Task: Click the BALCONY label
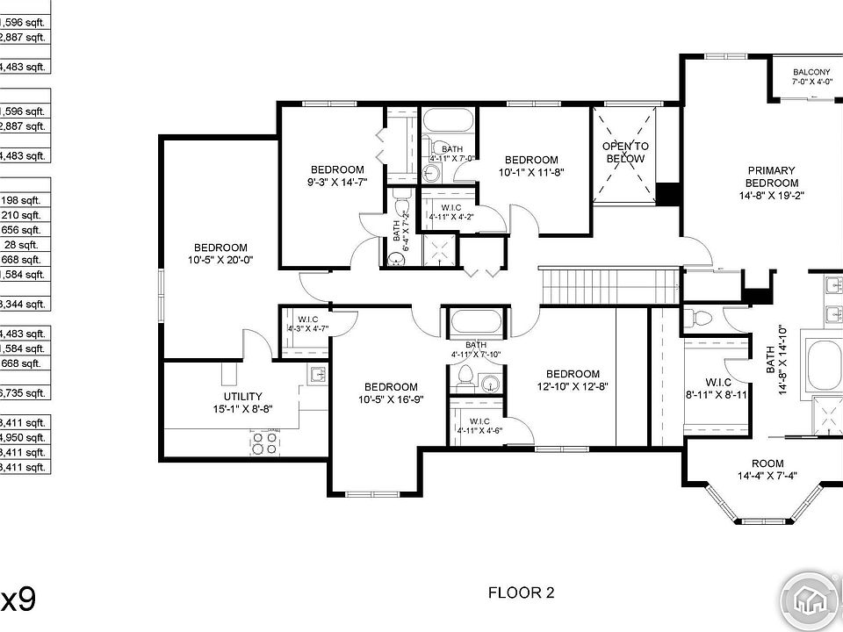(811, 72)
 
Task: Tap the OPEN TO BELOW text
(625, 152)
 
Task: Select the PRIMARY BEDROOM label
(771, 176)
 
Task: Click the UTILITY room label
(242, 397)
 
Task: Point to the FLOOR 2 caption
(521, 592)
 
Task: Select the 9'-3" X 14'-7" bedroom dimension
(337, 182)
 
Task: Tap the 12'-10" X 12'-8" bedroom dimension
(572, 385)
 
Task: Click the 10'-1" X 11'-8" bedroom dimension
(530, 172)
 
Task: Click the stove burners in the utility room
(264, 443)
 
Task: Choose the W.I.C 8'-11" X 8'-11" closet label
(718, 389)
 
